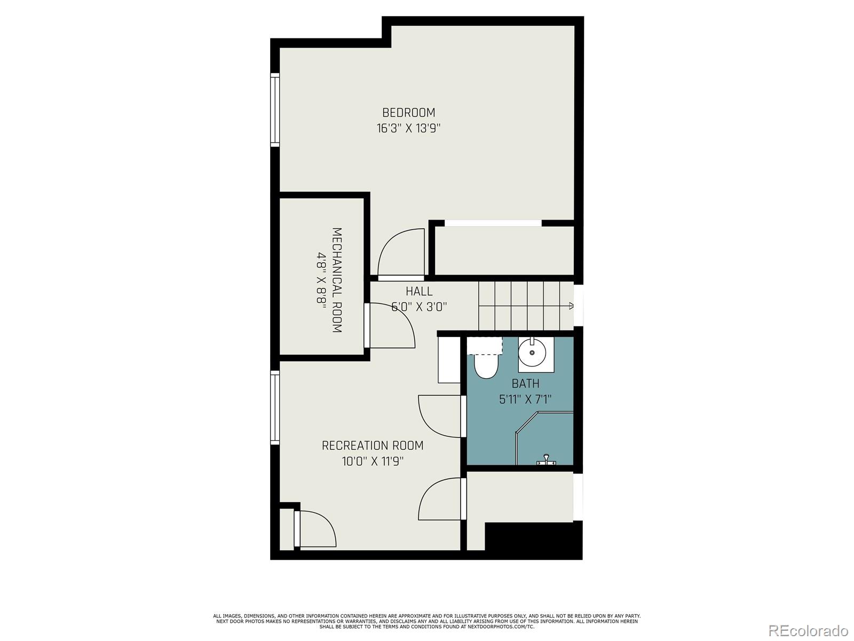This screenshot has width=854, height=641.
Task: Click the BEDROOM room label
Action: click(408, 113)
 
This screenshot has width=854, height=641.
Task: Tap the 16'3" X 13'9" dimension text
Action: click(408, 129)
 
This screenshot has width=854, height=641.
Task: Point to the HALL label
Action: click(419, 292)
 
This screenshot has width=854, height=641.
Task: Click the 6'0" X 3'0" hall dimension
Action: click(419, 307)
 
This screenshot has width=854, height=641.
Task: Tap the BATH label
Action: click(525, 384)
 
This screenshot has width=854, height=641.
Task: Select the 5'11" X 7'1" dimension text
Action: click(525, 399)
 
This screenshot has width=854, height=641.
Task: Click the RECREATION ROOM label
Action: click(373, 445)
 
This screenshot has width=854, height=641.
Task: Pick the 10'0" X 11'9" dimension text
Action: click(373, 461)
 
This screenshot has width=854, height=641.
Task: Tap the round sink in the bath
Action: click(532, 353)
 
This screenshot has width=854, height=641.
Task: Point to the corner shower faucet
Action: click(545, 460)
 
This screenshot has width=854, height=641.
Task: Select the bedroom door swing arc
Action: click(398, 251)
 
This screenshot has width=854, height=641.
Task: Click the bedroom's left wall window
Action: click(275, 110)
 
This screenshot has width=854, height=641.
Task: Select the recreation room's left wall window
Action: click(275, 408)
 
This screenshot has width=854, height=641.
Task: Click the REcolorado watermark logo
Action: click(809, 630)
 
